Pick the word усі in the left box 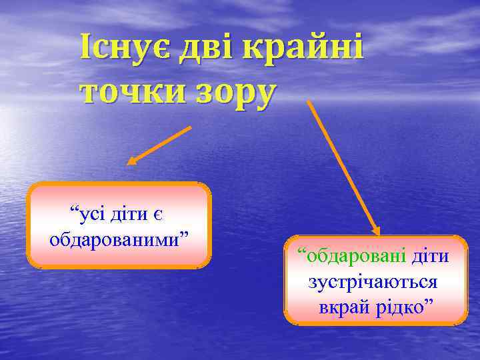click(91, 215)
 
